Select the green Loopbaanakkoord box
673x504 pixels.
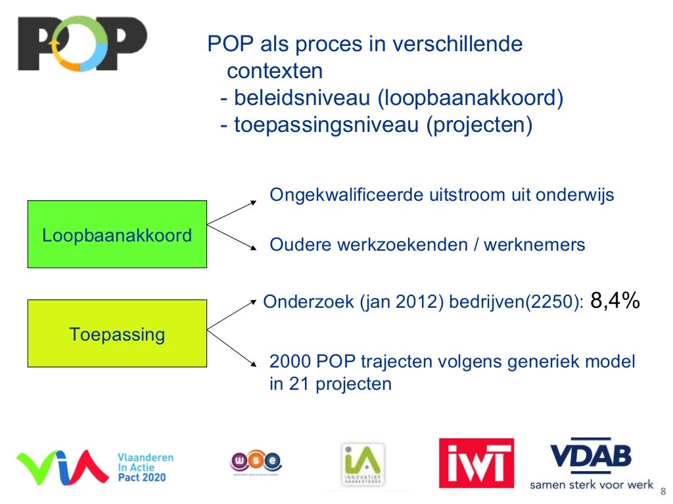pos(117,234)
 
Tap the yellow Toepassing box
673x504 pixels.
pos(117,333)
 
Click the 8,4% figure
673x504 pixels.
pos(616,301)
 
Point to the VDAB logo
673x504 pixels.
pos(590,455)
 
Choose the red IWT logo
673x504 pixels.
pos(476,463)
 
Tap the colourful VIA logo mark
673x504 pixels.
pos(63,465)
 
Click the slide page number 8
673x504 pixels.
pos(662,491)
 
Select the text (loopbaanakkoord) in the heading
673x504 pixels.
pos(471,98)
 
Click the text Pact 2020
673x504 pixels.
pos(141,477)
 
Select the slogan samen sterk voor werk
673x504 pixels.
pos(592,485)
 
